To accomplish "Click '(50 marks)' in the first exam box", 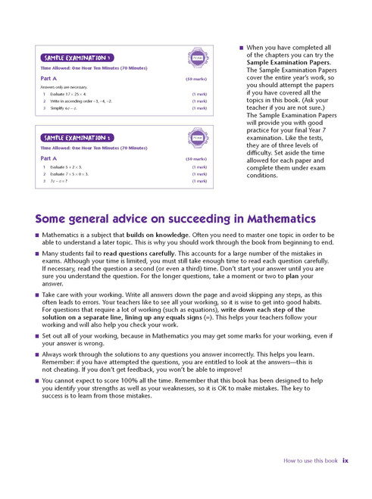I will (196, 79).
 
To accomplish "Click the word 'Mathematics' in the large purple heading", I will (265, 219).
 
